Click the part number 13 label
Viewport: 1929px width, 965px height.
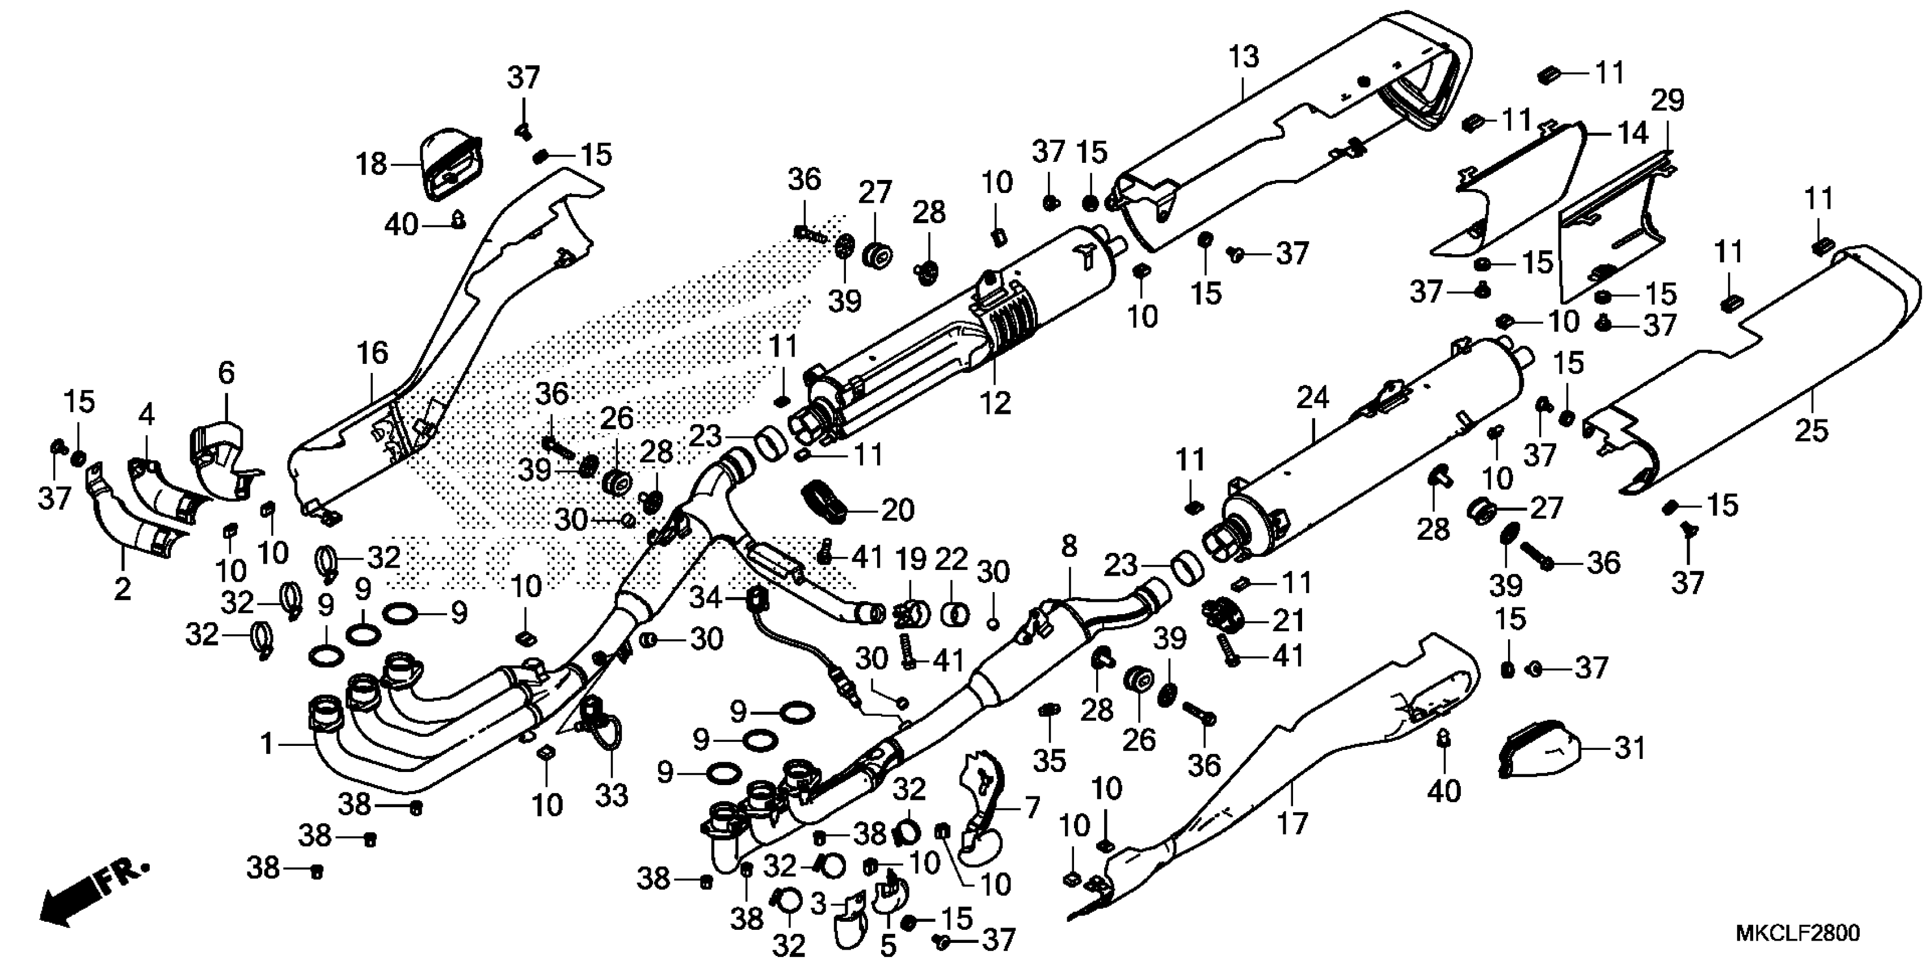[1244, 57]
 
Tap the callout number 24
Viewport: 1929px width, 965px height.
[1312, 398]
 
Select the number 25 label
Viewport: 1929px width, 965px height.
[1812, 431]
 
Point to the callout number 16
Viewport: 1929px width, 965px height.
[372, 353]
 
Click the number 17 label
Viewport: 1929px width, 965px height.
[1292, 824]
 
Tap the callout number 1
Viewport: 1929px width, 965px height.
[267, 744]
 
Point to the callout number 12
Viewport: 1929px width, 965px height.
[996, 403]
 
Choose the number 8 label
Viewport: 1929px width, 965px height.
[1069, 546]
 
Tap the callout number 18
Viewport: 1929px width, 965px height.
[372, 163]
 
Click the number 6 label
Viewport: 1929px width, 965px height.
[226, 372]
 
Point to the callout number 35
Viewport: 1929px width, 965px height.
[1049, 761]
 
